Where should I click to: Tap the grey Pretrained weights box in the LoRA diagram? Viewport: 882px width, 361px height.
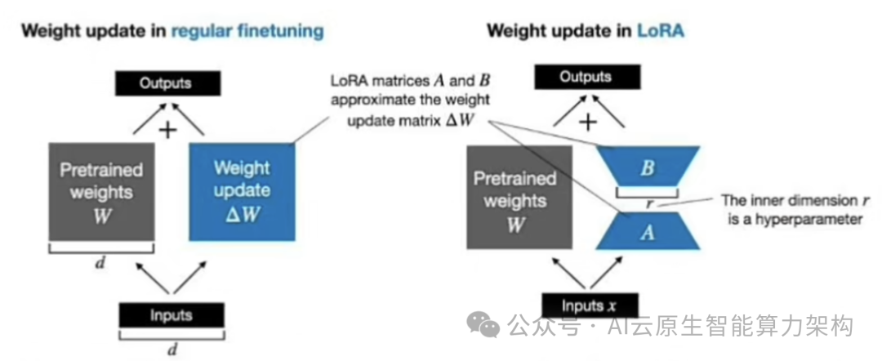click(515, 198)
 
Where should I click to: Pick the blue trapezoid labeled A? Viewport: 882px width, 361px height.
click(646, 232)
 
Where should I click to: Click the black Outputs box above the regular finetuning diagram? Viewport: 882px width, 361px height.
click(165, 84)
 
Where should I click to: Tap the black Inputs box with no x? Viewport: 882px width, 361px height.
click(171, 315)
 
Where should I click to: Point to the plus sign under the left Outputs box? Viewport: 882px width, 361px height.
click(167, 130)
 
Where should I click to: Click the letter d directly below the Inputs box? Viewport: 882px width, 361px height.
click(171, 349)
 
